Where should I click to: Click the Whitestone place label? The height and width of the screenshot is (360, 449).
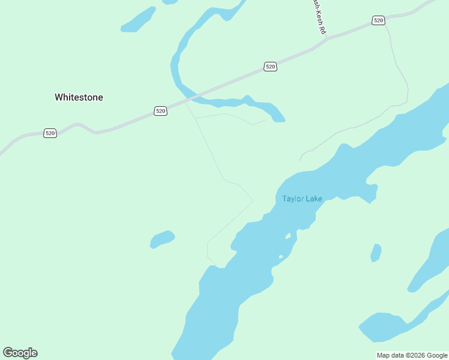click(x=79, y=97)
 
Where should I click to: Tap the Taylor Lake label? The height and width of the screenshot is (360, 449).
click(x=302, y=199)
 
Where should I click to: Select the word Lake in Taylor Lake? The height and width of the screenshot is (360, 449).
click(x=313, y=199)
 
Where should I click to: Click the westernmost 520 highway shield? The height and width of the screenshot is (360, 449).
click(x=50, y=133)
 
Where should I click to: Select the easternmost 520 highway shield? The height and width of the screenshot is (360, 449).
click(x=378, y=20)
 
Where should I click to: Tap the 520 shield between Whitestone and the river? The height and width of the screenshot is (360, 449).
click(x=160, y=111)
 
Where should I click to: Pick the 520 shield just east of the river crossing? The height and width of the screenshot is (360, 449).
click(x=270, y=67)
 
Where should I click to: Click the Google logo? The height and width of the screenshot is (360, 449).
click(x=20, y=353)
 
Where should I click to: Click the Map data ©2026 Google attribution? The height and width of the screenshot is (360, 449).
click(x=412, y=355)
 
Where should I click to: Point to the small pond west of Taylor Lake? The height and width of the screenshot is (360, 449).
click(x=162, y=239)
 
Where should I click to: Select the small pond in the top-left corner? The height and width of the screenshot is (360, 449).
click(x=139, y=20)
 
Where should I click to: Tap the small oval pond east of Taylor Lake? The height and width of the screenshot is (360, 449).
click(x=376, y=253)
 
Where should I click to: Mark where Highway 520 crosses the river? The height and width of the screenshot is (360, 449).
click(x=193, y=97)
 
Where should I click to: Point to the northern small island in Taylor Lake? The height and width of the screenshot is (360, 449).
click(x=288, y=236)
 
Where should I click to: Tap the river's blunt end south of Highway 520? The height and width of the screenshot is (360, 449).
click(x=279, y=119)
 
